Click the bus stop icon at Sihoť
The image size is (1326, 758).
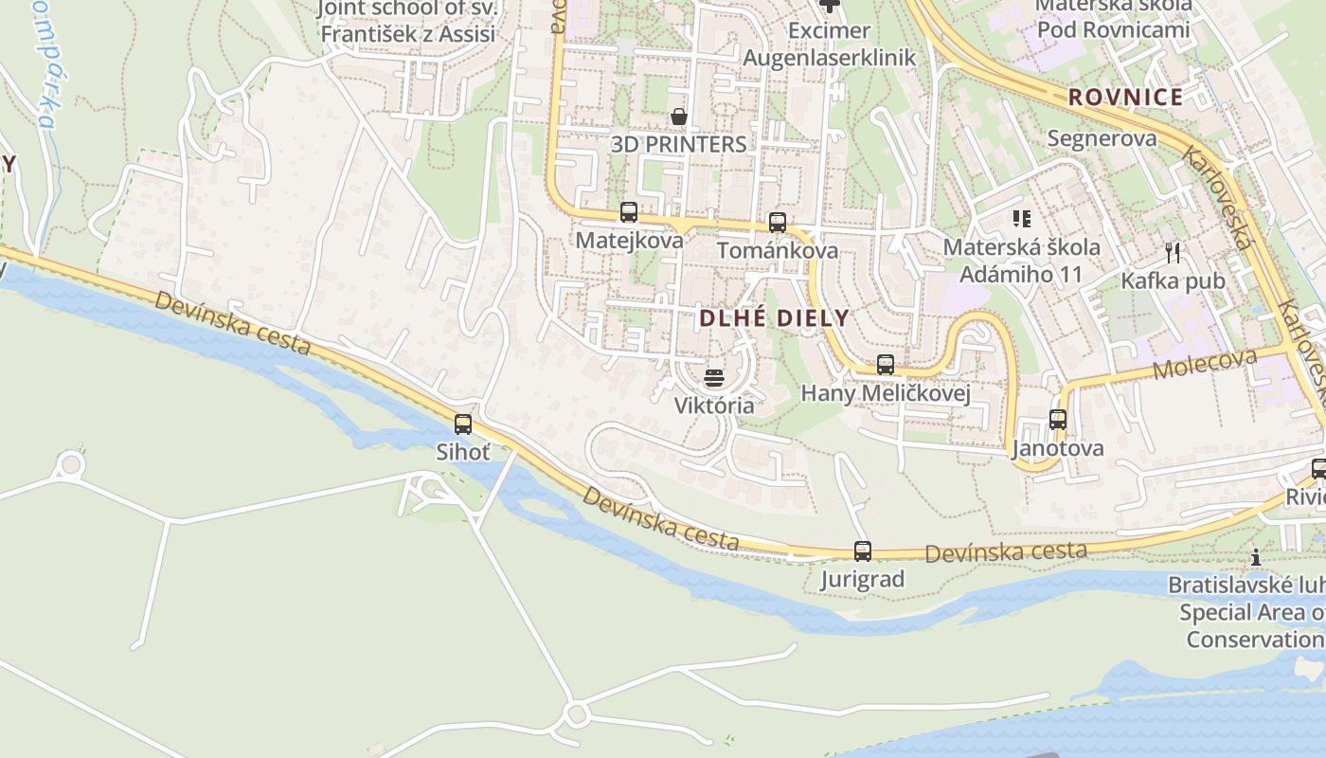pos(463,424)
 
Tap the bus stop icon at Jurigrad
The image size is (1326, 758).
pos(863,551)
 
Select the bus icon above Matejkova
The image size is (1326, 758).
pos(629,212)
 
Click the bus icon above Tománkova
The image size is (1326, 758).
pos(778,223)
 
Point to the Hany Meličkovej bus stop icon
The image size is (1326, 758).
pos(886,365)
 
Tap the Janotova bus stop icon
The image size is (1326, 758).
pos(1058,420)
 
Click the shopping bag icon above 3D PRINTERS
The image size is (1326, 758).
pos(679,117)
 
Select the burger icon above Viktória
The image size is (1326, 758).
pos(714,378)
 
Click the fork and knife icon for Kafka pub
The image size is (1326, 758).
pos(1174,252)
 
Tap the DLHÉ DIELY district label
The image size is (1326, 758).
pos(775,318)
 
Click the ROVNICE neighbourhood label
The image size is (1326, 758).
pos(1126,97)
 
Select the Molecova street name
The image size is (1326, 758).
pos(1205,363)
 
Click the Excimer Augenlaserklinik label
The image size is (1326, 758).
pos(830,45)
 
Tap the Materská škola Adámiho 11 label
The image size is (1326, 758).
pos(1022,261)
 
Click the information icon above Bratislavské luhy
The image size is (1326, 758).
pos(1256,557)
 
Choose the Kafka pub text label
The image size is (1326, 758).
pos(1174,281)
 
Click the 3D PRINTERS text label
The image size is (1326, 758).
pos(679,145)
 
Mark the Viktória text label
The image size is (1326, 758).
pos(714,406)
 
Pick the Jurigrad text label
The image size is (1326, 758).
pos(863,579)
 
